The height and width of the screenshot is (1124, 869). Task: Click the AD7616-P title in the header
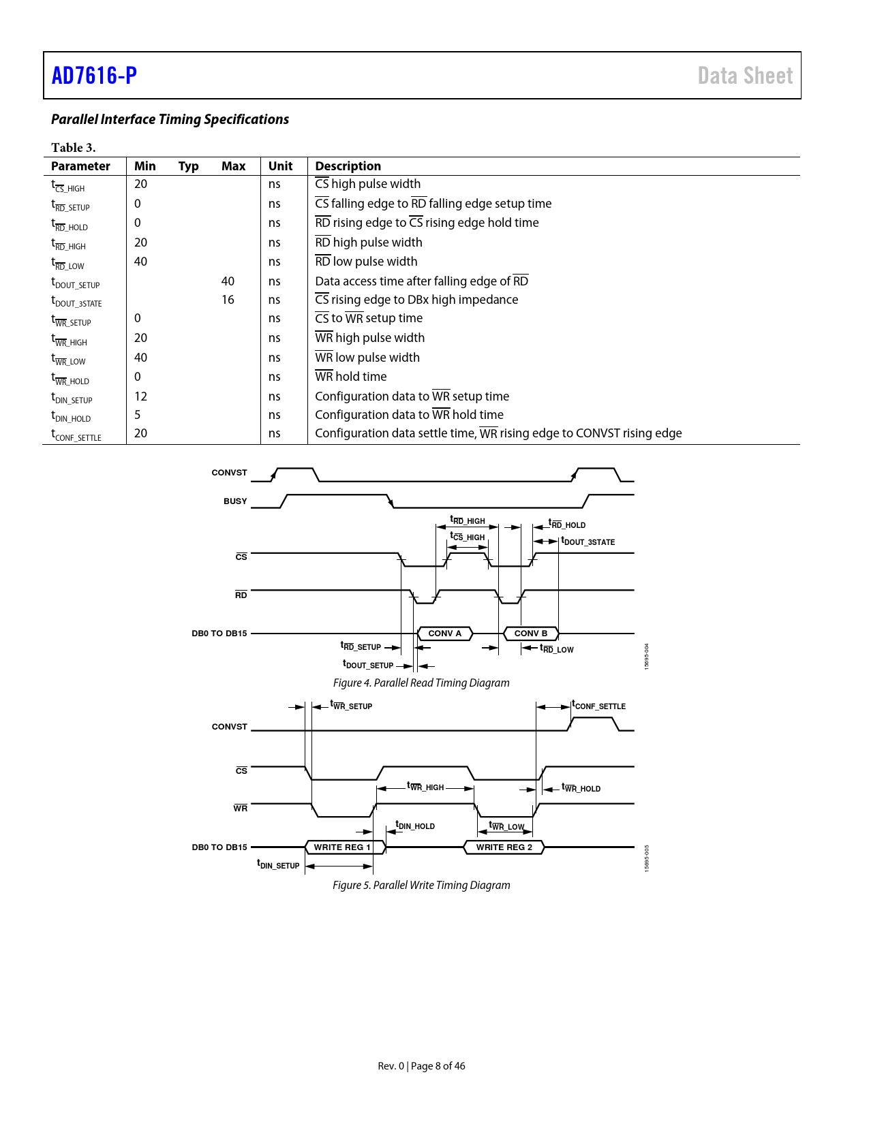[94, 76]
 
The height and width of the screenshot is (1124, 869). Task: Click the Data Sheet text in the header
[745, 76]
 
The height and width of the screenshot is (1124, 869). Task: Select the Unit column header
[280, 166]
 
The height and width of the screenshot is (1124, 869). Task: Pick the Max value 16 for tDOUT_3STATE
[228, 300]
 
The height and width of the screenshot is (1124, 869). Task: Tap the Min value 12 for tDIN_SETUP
[140, 396]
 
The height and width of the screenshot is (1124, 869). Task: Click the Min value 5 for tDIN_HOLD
[138, 415]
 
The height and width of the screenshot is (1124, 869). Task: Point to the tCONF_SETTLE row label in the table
[76, 435]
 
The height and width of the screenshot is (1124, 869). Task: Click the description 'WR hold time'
[350, 377]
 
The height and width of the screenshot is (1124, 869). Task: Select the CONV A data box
[444, 634]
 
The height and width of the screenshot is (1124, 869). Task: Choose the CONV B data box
[530, 634]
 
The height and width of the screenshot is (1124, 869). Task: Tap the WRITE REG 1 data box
[342, 847]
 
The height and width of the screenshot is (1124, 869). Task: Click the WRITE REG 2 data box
[504, 847]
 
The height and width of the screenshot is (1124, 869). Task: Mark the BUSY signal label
[235, 501]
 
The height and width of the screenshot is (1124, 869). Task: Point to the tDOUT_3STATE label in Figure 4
[588, 542]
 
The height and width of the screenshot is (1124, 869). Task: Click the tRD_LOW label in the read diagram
[557, 649]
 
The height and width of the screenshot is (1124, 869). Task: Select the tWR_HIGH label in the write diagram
[425, 787]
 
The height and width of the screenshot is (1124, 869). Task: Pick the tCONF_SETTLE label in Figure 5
[598, 706]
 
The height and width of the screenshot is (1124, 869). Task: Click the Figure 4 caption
[421, 683]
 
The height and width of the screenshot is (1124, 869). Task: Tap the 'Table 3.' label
[74, 148]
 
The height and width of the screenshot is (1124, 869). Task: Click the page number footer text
[421, 1066]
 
